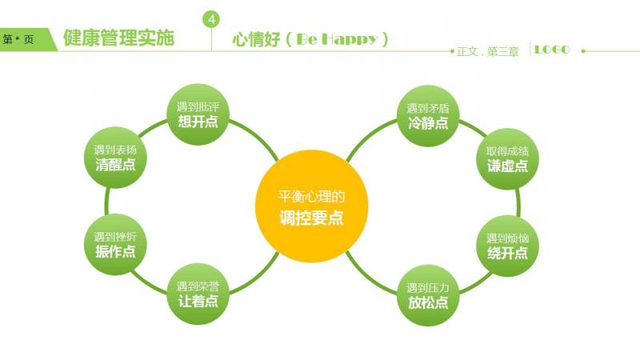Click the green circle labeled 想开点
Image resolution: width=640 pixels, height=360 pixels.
[198, 114]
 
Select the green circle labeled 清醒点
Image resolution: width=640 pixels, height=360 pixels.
[115, 158]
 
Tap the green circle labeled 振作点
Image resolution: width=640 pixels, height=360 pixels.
[115, 244]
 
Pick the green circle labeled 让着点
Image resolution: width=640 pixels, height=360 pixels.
[198, 294]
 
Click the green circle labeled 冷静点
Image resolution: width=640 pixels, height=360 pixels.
[428, 116]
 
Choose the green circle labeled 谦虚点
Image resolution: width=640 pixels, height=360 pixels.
[508, 158]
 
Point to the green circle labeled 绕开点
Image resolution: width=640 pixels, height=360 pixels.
[508, 246]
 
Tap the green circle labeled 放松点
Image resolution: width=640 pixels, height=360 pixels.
[428, 295]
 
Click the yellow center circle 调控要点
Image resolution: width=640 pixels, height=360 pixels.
[312, 206]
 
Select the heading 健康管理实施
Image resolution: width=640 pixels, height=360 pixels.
[118, 38]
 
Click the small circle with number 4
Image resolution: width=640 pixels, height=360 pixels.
[211, 19]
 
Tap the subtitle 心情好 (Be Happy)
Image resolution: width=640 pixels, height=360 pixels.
[310, 39]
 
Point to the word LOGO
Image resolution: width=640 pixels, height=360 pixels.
[552, 50]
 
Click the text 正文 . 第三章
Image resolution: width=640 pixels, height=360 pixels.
[488, 51]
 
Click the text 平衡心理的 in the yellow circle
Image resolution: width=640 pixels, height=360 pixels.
[312, 197]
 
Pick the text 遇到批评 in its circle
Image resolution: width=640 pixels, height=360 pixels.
[198, 107]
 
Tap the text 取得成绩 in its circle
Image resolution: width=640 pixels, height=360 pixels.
[508, 151]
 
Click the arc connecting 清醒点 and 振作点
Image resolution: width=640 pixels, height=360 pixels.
[106, 201]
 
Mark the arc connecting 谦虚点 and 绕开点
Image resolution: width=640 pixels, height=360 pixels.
[518, 202]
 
